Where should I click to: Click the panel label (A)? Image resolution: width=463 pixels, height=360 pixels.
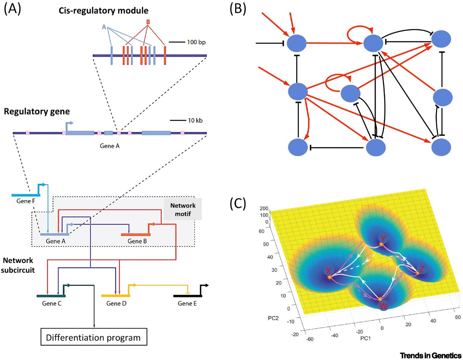[x=12, y=9]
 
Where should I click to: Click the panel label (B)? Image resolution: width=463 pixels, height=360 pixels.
[x=238, y=9]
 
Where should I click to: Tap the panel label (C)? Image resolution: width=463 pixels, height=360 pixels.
[x=238, y=204]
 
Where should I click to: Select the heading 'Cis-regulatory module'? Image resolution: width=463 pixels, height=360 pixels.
[x=103, y=10]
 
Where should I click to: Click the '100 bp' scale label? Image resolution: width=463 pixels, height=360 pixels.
[x=196, y=42]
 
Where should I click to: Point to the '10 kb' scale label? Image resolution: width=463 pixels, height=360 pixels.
[x=195, y=120]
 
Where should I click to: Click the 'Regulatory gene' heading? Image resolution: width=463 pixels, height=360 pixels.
[x=37, y=111]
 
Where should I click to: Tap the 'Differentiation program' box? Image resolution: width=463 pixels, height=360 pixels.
[x=93, y=338]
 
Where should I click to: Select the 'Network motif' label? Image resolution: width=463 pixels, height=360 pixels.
[x=183, y=210]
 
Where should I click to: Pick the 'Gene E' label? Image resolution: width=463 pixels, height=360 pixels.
[x=187, y=304]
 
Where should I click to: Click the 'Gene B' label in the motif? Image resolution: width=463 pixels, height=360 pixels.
[x=137, y=241]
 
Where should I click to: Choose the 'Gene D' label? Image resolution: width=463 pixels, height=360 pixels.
[x=116, y=304]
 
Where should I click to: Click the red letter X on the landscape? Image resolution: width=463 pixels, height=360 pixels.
[x=328, y=271]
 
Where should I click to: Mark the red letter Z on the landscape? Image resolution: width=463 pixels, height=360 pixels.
[x=422, y=269]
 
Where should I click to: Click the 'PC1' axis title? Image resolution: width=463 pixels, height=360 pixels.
[x=366, y=339]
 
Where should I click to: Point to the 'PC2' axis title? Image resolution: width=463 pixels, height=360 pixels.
[x=273, y=318]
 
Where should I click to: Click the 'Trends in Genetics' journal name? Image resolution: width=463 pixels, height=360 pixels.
[x=430, y=355]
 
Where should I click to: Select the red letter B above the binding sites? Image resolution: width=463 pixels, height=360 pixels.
[x=148, y=22]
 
